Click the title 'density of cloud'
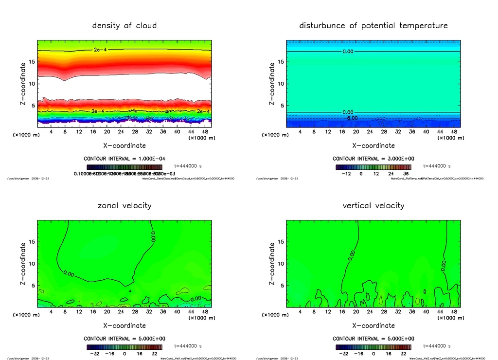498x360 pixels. tap(124, 25)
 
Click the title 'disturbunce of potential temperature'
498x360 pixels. tap(373, 25)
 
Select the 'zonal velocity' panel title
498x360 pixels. tap(124, 205)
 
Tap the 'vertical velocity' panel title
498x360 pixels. tap(373, 205)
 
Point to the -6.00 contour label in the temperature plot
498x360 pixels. tap(351, 118)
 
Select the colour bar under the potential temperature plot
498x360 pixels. tap(373, 166)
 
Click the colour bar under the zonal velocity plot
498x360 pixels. tap(124, 347)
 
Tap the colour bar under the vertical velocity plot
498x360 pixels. tap(373, 347)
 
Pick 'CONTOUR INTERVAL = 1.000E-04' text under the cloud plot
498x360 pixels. tap(124, 159)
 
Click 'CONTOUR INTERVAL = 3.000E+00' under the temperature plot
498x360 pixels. tap(373, 159)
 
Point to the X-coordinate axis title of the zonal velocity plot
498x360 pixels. tap(124, 325)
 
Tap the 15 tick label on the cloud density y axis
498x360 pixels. tap(31, 61)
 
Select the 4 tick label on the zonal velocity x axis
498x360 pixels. tap(51, 312)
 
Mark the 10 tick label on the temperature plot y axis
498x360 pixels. tap(280, 84)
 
